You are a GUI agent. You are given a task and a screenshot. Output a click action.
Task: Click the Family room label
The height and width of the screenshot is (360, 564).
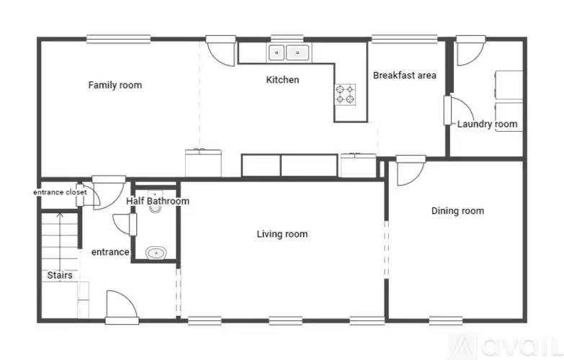click(115, 85)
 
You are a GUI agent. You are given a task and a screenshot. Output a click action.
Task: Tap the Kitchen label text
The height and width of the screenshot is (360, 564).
click(282, 80)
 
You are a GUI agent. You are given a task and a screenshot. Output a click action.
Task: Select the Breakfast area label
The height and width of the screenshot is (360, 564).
click(404, 75)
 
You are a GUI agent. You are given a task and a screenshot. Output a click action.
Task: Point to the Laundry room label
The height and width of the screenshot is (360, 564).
click(487, 124)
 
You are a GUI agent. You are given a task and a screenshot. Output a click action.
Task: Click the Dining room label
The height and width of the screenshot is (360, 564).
click(457, 211)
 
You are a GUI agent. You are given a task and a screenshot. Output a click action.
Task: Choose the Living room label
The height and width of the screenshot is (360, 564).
click(282, 234)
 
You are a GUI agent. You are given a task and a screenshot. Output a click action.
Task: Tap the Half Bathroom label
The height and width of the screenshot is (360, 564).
click(158, 201)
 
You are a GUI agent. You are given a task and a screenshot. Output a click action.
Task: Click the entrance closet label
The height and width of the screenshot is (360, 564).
click(60, 192)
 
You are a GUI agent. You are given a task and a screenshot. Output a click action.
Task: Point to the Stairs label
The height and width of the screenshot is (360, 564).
click(59, 275)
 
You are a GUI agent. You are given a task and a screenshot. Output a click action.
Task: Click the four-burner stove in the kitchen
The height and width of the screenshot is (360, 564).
click(345, 94)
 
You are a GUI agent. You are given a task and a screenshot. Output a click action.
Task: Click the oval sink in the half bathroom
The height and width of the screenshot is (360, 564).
click(156, 253)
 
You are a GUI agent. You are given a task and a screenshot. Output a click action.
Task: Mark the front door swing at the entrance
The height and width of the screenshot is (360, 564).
click(121, 304)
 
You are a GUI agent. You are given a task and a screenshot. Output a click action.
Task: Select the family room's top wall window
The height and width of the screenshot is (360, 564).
click(118, 39)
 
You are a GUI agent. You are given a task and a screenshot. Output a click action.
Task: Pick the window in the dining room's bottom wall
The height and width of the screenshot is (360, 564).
click(445, 320)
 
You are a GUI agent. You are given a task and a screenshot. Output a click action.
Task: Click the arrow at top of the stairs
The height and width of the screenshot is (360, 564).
click(59, 215)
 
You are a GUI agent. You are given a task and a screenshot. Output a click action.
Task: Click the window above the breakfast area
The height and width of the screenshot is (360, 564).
click(403, 39)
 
